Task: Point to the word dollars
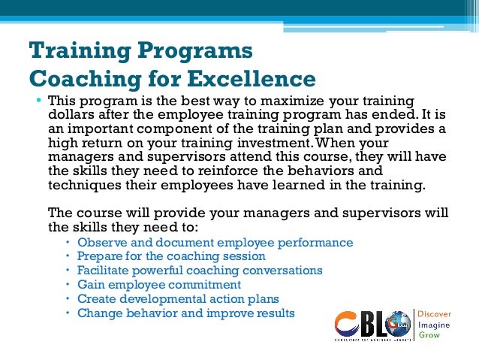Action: click(71, 116)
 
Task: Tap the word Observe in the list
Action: click(102, 243)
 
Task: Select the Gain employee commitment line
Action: click(159, 286)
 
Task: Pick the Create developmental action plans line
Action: click(178, 300)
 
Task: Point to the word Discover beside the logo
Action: click(435, 313)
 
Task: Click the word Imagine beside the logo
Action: click(433, 324)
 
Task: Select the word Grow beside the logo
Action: click(429, 335)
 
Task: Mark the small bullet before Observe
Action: click(67, 243)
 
